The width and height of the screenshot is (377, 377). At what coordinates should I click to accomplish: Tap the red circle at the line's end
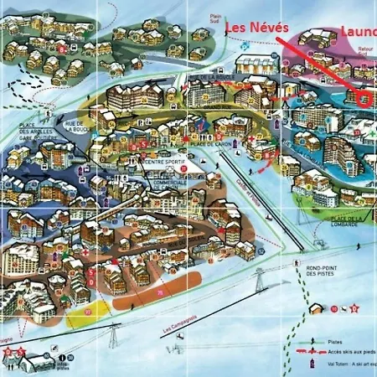pyautogui.click(x=364, y=97)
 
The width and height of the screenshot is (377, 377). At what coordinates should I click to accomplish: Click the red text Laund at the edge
pyautogui.click(x=358, y=32)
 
